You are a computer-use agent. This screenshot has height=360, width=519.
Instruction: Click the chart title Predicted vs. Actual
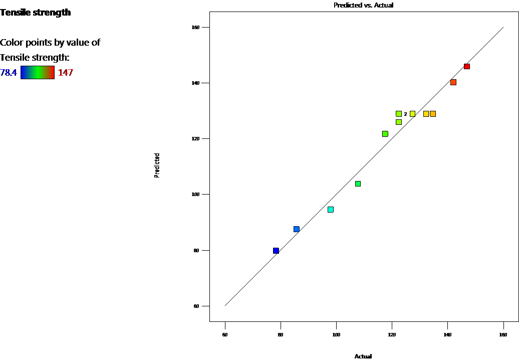point(363,5)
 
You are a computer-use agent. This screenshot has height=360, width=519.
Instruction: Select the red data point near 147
point(467,66)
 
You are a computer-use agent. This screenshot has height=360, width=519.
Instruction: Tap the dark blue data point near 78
point(276,251)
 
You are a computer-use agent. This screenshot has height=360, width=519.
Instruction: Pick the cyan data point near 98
point(331,210)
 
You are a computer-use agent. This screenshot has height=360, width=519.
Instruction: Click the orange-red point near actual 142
point(453,82)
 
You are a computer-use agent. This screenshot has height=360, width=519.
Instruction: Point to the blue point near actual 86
point(297,229)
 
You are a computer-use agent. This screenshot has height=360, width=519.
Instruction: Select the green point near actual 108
point(358,184)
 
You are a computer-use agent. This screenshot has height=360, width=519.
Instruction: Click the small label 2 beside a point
point(405,114)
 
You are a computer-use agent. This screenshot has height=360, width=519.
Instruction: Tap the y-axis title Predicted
point(157,165)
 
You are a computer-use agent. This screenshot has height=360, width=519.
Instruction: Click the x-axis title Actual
point(363,356)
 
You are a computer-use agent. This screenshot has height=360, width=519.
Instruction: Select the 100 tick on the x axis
point(336,334)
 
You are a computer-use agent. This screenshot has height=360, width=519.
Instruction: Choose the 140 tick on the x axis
point(447,334)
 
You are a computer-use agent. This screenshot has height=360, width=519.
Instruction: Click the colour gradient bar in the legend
point(38,72)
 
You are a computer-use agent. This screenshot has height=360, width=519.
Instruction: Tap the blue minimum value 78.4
point(9,73)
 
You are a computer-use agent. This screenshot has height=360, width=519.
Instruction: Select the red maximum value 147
point(66,73)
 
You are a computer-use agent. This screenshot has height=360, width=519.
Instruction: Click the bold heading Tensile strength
point(36,13)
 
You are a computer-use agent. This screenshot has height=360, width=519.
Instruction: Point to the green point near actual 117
point(385,134)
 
